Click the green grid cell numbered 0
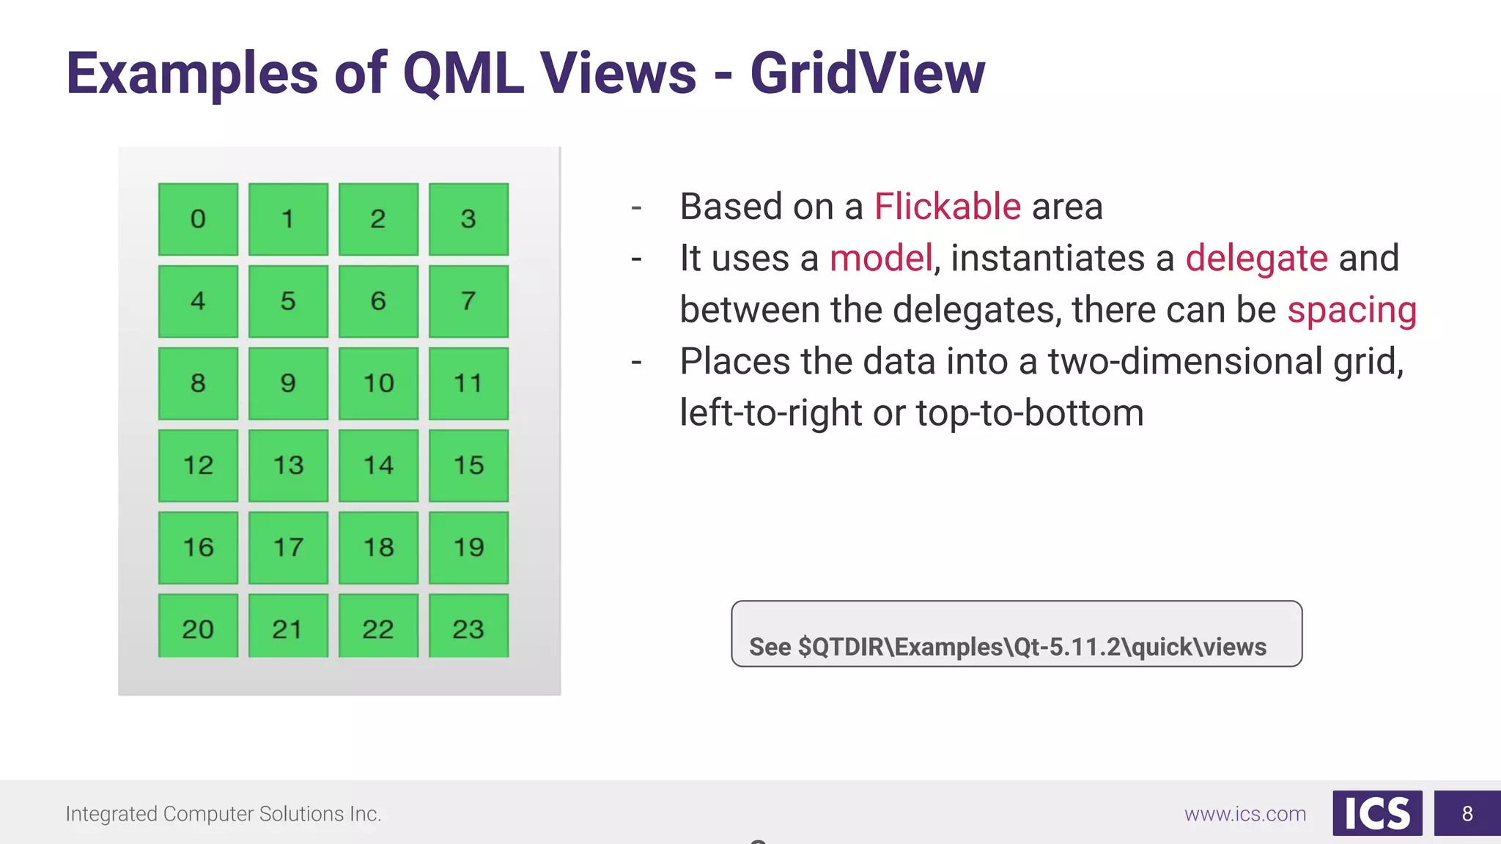pos(198,219)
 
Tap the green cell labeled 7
pos(468,301)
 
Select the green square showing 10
pos(378,383)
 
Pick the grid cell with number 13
pos(288,465)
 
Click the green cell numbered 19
pos(468,547)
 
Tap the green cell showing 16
pos(198,547)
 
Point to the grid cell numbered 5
pos(288,301)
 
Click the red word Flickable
pos(947,207)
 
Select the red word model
pos(880,259)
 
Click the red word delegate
pos(1256,259)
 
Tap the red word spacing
pos(1351,310)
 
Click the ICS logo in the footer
pos(1377,813)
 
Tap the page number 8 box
pos(1467,813)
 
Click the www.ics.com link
pos(1244,814)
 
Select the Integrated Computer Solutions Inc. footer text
pos(224,814)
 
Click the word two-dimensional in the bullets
pos(1184,362)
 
